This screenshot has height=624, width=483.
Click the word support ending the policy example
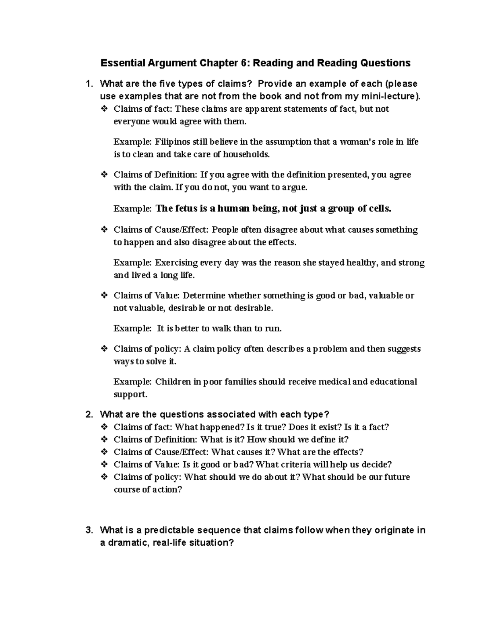[130, 395]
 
